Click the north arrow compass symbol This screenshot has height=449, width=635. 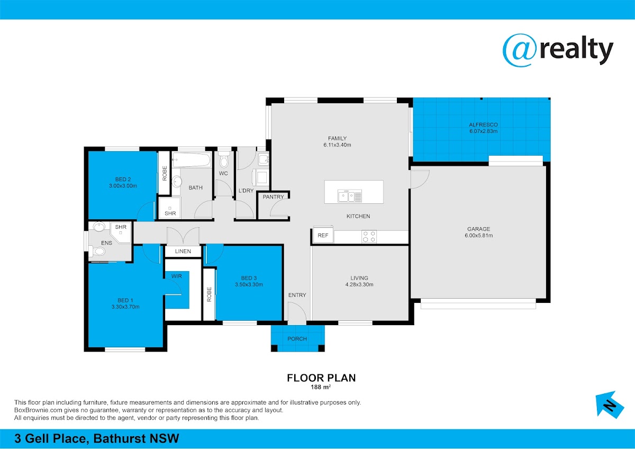[x=610, y=405]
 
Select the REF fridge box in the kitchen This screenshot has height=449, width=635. [x=323, y=235]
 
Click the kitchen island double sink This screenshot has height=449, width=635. [x=350, y=196]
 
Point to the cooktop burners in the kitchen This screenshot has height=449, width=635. [x=369, y=237]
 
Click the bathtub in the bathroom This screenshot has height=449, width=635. [x=192, y=160]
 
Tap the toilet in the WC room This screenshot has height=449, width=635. [x=224, y=159]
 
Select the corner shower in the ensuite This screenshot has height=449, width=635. [x=121, y=232]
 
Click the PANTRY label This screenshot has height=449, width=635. [x=273, y=197]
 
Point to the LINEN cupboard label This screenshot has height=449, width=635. [x=183, y=252]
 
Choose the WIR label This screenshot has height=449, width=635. [x=176, y=276]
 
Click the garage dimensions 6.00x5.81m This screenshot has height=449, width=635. [x=479, y=236]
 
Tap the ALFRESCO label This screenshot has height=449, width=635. [x=483, y=124]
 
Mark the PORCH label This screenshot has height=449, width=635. [x=297, y=339]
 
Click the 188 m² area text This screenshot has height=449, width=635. [x=321, y=387]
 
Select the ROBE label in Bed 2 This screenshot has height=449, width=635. [x=165, y=173]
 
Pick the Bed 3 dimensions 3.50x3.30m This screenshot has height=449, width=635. [x=249, y=284]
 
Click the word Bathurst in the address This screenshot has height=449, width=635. [x=120, y=438]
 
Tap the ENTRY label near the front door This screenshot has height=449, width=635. [x=297, y=295]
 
